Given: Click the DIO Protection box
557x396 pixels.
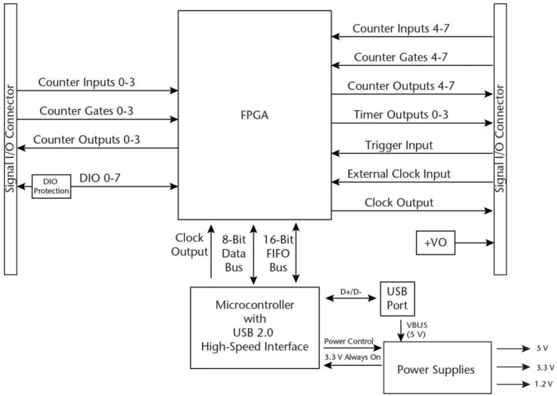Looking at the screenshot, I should click(x=51, y=186).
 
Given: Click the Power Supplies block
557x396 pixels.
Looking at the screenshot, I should click(x=436, y=369).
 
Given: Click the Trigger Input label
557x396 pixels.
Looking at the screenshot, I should click(x=399, y=145).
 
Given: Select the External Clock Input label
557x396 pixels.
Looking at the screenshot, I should click(x=399, y=174).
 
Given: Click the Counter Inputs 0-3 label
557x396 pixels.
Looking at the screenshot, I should click(x=87, y=82).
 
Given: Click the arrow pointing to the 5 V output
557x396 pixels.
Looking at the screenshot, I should click(x=511, y=349).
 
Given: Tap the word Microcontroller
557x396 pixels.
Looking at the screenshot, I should click(x=255, y=305).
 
